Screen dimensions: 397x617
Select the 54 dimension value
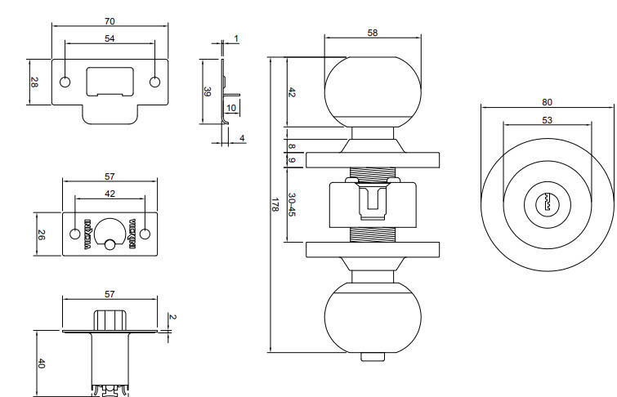pos(109,38)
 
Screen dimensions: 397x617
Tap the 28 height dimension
pos(34,82)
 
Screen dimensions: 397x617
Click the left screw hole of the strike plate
pos(65,82)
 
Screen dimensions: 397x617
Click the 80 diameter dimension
pos(547,102)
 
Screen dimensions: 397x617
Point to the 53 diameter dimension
pos(547,120)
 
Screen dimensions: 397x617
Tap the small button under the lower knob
pos(373,355)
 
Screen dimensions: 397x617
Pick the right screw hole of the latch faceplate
pos(145,234)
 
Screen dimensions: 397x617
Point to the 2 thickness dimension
pos(172,316)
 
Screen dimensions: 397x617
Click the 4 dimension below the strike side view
pos(243,139)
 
